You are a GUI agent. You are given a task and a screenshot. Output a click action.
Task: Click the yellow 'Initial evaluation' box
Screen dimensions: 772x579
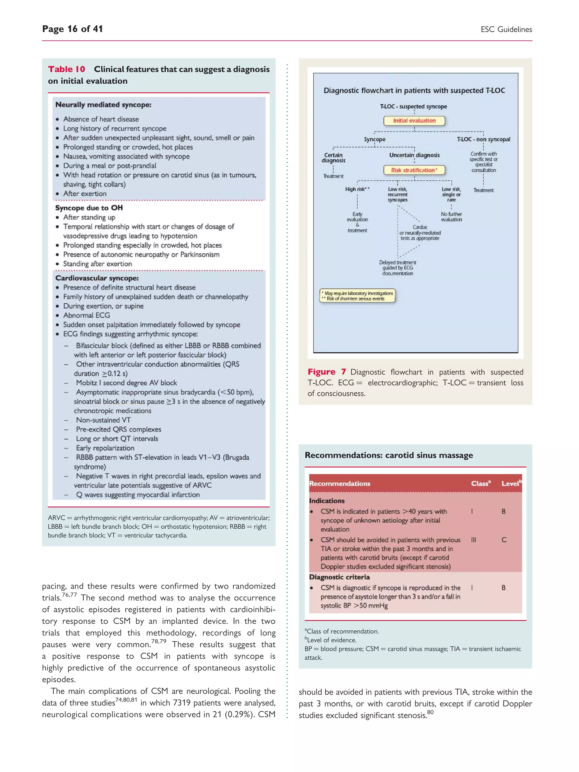pos(414,121)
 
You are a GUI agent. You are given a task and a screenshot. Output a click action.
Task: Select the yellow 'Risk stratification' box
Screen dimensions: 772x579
pos(414,170)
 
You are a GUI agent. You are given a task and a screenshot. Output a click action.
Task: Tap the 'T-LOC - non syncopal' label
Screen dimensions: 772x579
pos(483,139)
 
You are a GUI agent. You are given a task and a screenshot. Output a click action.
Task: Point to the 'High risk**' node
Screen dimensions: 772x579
pos(357,189)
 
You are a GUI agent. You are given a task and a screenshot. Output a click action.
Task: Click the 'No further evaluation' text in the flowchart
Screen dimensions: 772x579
pos(451,217)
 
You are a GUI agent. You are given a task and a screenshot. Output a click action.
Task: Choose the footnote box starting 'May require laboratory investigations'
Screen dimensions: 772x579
pos(357,296)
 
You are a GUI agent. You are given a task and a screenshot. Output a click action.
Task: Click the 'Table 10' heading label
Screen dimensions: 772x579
pos(66,69)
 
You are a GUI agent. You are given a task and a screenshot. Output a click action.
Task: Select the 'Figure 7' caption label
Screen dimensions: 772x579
pos(327,372)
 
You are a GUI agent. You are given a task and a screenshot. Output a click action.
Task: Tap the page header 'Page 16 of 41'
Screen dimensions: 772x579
pos(72,29)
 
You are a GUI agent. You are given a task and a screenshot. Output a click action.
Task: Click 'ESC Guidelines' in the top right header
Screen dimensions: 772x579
pos(506,29)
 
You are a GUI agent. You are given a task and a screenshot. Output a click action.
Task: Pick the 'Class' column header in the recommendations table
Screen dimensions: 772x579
pos(480,483)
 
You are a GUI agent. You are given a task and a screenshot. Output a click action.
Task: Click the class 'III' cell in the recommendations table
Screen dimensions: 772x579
pos(473,540)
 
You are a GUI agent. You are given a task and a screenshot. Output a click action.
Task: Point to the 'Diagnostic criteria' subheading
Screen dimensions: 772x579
pos(339,577)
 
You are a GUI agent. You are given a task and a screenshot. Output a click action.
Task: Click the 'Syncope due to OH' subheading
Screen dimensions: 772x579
pos(89,208)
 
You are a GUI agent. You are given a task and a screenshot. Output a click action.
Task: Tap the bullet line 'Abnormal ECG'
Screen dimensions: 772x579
pos(86,315)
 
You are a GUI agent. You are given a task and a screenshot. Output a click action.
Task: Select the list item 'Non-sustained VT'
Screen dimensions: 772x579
pos(103,420)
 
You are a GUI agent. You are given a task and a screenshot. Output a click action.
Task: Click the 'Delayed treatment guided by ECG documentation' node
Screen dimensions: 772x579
pos(397,268)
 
